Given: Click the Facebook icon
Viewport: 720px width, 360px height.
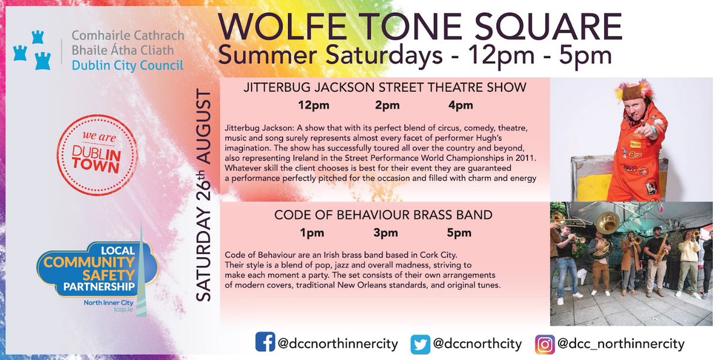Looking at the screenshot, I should [265, 343].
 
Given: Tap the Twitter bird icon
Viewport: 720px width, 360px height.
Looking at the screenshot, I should [421, 344].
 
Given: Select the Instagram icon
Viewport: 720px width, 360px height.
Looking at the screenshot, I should [544, 344].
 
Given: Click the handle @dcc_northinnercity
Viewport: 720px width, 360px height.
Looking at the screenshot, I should [621, 344].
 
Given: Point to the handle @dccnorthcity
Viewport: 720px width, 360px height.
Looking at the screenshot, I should [478, 344].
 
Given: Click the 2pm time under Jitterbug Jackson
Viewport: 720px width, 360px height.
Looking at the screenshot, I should [388, 106].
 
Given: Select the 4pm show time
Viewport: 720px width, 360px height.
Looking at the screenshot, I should [460, 106].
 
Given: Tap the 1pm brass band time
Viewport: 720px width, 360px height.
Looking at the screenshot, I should [312, 233].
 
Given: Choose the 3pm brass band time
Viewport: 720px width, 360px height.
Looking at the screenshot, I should [385, 233].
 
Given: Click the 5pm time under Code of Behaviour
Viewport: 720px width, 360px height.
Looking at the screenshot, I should [458, 233].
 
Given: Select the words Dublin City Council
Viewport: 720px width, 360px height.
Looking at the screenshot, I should [127, 65].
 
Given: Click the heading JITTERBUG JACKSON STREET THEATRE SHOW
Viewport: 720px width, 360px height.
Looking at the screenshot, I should [385, 88].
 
